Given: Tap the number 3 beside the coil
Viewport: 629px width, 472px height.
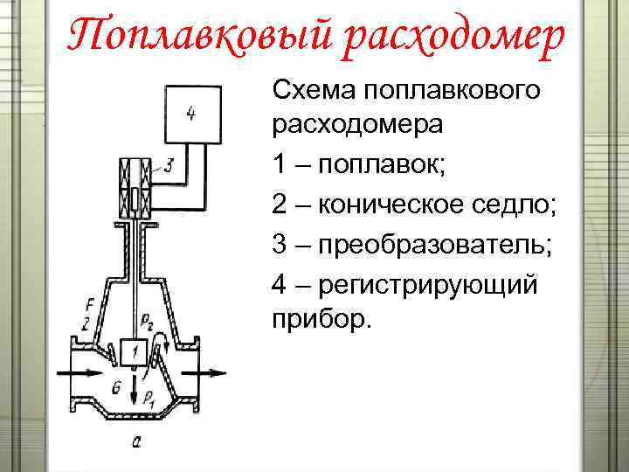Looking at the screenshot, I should (169, 163).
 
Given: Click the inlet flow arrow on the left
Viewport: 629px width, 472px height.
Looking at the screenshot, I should (74, 372).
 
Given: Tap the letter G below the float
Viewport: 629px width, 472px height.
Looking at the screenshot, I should (117, 383).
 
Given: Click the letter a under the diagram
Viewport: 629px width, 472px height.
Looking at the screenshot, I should (136, 442).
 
